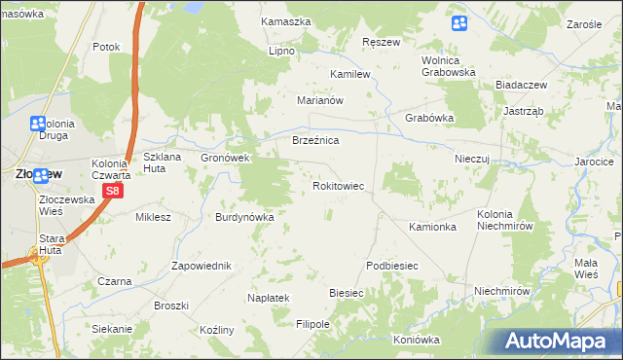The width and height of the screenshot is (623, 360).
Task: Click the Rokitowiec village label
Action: [338, 185]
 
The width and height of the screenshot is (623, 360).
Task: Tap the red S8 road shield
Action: [113, 192]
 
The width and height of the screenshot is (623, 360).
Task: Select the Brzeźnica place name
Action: [315, 141]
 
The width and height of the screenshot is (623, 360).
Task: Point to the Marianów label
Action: [321, 100]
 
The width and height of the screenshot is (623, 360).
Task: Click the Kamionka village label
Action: [433, 227]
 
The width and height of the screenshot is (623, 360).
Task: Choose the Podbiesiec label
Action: [392, 266]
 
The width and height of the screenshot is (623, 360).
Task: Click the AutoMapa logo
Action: [559, 341]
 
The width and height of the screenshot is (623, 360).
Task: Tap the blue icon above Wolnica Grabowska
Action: [459, 23]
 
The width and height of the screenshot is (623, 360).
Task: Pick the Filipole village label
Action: [313, 324]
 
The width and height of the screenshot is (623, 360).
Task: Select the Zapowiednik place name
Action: [201, 266]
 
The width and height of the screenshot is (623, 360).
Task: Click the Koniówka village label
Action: [417, 341]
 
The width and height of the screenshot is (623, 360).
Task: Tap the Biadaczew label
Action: [522, 85]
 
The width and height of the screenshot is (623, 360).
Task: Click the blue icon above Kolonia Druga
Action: [38, 124]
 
